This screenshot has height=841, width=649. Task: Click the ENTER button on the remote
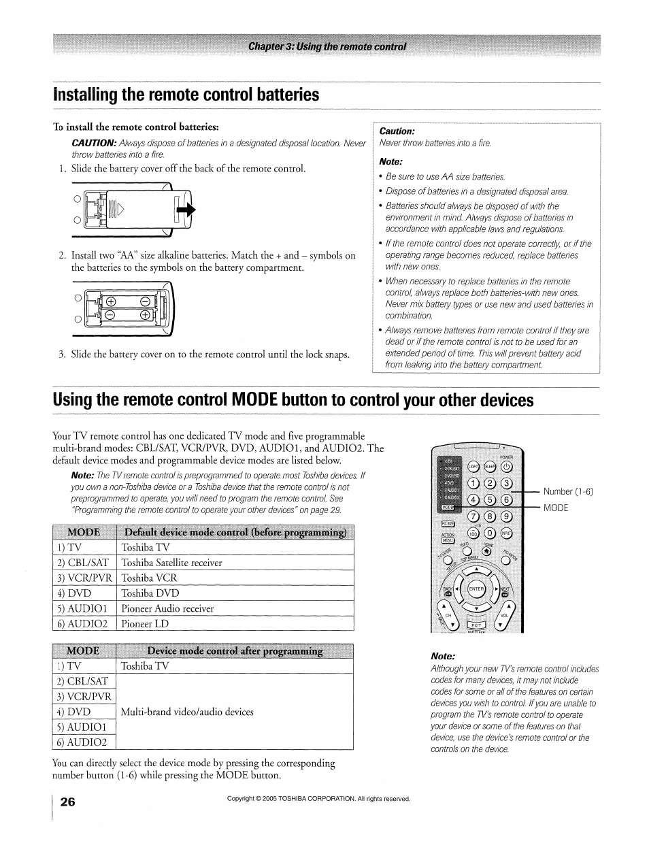476,589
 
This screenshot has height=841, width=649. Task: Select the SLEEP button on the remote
489,467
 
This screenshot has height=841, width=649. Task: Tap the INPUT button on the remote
506,533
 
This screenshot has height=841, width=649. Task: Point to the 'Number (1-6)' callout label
568,491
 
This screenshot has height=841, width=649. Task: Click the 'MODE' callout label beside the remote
555,508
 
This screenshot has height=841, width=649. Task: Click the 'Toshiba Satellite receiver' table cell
171,563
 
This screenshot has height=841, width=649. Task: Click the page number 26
67,802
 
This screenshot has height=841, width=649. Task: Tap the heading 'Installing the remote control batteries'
186,95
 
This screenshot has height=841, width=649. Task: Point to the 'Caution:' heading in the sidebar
397,131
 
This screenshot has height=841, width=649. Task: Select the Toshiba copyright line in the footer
318,799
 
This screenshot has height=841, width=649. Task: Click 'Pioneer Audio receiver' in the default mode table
167,608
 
